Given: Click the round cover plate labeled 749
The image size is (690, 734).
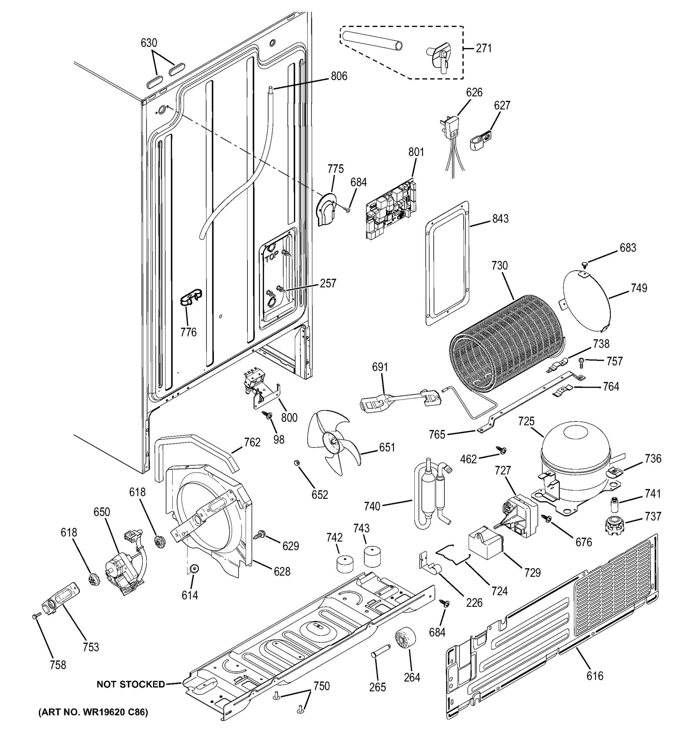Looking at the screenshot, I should pos(587,299).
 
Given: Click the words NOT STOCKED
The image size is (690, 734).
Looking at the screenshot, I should pos(131,684).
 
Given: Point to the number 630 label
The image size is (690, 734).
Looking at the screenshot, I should pos(149,43).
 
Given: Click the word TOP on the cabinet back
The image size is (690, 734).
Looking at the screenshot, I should pos(271,259).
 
